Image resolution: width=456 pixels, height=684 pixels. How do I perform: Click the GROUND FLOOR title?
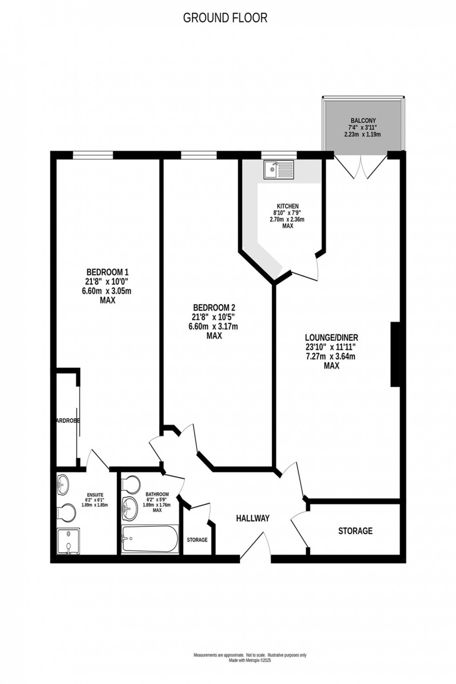[x=225, y=18]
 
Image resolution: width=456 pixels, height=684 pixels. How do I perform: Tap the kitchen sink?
[x=278, y=169]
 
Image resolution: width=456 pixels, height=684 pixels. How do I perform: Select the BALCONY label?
[x=363, y=121]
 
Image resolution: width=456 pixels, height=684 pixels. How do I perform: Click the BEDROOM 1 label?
[x=107, y=272]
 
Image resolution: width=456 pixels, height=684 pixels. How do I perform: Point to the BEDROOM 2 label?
[x=214, y=308]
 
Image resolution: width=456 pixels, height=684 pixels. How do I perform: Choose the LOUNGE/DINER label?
[x=332, y=338]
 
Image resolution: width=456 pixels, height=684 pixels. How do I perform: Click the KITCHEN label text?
[x=288, y=206]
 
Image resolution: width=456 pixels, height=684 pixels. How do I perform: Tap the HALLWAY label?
[x=253, y=518]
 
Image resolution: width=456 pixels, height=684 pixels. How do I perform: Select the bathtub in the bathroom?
[x=149, y=539]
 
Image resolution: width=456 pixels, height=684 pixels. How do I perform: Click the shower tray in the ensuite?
[x=68, y=541]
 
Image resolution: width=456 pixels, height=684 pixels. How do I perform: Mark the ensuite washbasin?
[x=62, y=486]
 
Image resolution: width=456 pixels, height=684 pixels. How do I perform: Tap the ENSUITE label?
[x=95, y=495]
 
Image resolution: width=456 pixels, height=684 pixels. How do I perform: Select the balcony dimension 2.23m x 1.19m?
[x=362, y=134]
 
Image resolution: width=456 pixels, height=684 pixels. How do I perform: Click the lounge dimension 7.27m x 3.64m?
[x=332, y=357]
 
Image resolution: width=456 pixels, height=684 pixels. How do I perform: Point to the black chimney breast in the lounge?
[x=395, y=354]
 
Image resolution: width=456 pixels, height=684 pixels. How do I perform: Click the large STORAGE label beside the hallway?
[x=355, y=531]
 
